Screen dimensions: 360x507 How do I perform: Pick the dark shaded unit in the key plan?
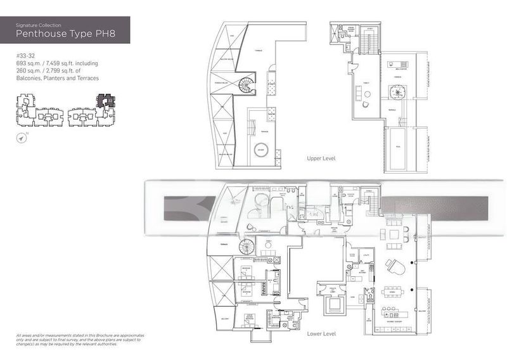[x=103, y=100]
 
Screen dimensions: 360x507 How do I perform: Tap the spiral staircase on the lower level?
[x=246, y=248]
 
